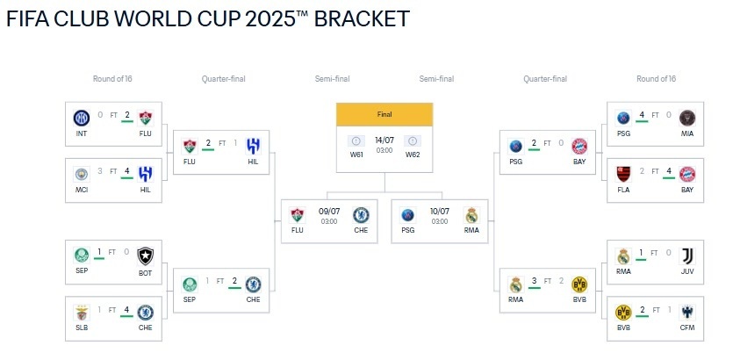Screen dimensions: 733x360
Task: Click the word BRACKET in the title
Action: pyautogui.click(x=362, y=18)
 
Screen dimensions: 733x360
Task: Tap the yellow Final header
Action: pyautogui.click(x=384, y=114)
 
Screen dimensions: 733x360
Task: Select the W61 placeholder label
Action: pyautogui.click(x=356, y=155)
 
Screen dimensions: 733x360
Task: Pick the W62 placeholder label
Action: pyautogui.click(x=413, y=155)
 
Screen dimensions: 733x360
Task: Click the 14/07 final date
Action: pyautogui.click(x=384, y=140)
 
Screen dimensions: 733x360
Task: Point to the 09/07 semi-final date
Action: pyautogui.click(x=328, y=212)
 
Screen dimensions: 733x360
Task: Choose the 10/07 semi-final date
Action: pyautogui.click(x=440, y=212)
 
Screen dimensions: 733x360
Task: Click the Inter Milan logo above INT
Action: pyautogui.click(x=82, y=118)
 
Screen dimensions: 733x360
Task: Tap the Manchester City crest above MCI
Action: pyautogui.click(x=82, y=174)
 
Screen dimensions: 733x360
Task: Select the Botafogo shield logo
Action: pyautogui.click(x=146, y=256)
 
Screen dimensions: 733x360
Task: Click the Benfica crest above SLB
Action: pyautogui.click(x=82, y=313)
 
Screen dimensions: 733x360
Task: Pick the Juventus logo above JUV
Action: pyautogui.click(x=687, y=256)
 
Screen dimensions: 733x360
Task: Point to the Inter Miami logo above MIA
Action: pyautogui.click(x=687, y=118)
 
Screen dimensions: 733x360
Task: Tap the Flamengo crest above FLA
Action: pyautogui.click(x=623, y=174)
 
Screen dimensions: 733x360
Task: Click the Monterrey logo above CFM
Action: pyautogui.click(x=687, y=313)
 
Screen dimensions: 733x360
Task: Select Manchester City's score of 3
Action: pyautogui.click(x=100, y=171)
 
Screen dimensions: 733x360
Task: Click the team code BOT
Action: pyautogui.click(x=146, y=273)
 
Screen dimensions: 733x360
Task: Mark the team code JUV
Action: pyautogui.click(x=687, y=271)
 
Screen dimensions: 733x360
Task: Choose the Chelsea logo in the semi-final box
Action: pyautogui.click(x=361, y=215)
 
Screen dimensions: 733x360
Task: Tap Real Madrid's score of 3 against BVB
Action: pyautogui.click(x=534, y=280)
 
